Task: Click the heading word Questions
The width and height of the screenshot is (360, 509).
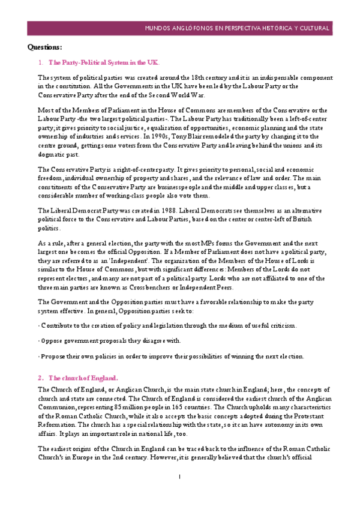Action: (x=46, y=47)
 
